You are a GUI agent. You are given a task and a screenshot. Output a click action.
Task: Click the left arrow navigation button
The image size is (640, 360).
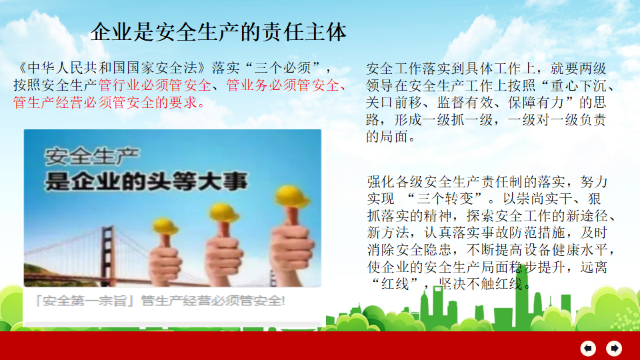click(x=588, y=348)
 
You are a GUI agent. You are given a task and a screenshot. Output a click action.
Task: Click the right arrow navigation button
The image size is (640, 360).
click(x=614, y=348)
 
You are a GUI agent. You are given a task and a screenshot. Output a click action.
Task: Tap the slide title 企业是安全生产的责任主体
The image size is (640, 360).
click(x=219, y=32)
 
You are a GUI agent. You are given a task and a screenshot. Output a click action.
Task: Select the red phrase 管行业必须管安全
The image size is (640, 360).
click(x=155, y=85)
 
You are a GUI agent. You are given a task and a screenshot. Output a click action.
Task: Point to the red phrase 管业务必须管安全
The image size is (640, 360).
click(x=283, y=85)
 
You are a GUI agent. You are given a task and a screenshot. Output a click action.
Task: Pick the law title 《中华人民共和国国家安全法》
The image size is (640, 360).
click(x=112, y=68)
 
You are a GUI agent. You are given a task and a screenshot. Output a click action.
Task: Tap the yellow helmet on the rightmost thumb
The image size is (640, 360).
click(x=291, y=196)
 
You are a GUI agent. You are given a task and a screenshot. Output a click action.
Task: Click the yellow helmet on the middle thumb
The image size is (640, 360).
click(x=223, y=213)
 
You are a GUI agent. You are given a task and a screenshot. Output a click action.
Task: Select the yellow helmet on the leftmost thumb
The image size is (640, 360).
click(x=165, y=227)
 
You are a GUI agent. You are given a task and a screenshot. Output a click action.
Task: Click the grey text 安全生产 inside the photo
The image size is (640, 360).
click(x=92, y=156)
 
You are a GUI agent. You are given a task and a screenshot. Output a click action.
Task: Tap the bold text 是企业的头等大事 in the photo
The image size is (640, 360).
click(x=146, y=181)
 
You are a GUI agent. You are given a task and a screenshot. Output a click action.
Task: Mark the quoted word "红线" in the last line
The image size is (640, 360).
click(x=395, y=284)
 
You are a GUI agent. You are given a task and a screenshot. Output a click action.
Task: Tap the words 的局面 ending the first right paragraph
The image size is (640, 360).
click(x=387, y=137)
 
